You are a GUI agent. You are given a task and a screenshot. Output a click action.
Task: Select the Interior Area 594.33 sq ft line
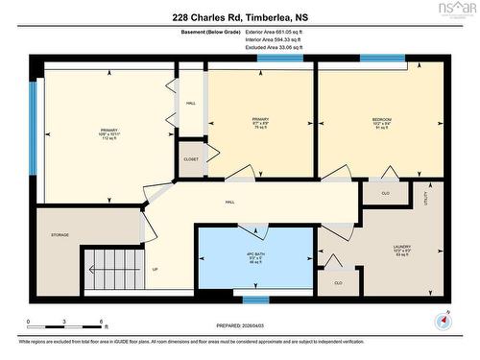pyautogui.click(x=275, y=38)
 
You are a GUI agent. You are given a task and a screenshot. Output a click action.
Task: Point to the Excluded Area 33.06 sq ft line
pyautogui.click(x=275, y=46)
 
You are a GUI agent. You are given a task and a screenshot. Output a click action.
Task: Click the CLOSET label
pyautogui.click(x=191, y=160)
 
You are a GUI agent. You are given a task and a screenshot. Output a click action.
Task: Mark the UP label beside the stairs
pyautogui.click(x=156, y=269)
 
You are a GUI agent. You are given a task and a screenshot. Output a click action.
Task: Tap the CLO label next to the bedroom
pyautogui.click(x=384, y=192)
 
